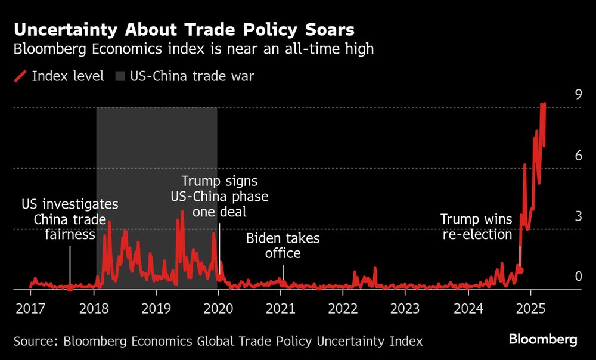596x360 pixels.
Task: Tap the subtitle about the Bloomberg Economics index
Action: click(194, 49)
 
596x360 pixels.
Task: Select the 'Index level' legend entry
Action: click(60, 76)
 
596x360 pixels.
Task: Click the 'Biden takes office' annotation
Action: click(283, 246)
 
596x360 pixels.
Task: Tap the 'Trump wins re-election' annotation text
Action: click(476, 226)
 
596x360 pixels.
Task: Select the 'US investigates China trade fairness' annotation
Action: click(70, 219)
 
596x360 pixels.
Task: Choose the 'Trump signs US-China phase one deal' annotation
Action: click(219, 196)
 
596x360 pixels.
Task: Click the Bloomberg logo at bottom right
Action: click(543, 340)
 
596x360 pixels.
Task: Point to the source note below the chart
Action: click(218, 341)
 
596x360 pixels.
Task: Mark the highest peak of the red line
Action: click(543, 104)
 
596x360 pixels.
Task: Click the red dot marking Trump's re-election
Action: click(520, 271)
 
